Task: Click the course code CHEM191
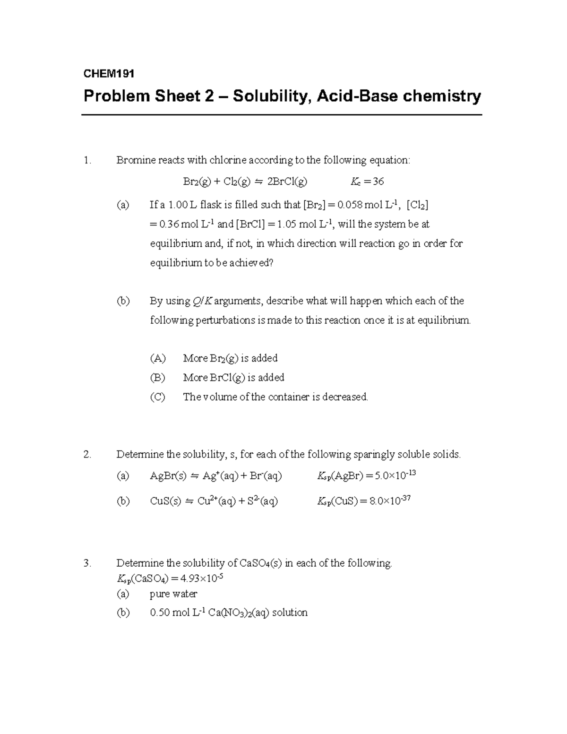point(109,74)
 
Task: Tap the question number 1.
point(86,160)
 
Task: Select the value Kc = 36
point(367,181)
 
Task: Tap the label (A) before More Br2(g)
point(157,358)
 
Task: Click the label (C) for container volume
point(157,397)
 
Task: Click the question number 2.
point(86,455)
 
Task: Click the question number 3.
point(86,563)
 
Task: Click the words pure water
point(173,594)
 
